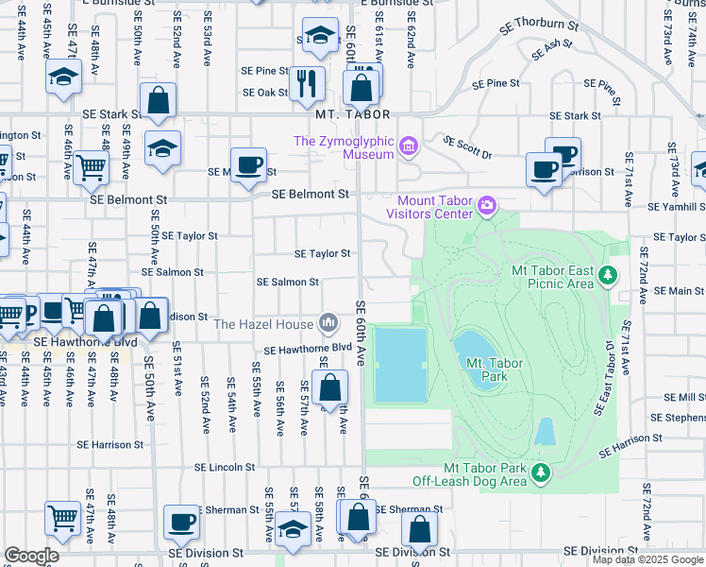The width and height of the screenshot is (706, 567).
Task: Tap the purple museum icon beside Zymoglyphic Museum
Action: point(408,146)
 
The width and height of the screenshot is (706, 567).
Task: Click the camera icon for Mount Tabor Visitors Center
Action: point(487,204)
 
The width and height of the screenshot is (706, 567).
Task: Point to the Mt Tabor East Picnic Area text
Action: point(552,276)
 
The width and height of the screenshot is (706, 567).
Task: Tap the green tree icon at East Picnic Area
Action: point(609,275)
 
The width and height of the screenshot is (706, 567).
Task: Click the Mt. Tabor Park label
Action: point(487,369)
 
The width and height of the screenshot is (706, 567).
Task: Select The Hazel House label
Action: point(263,324)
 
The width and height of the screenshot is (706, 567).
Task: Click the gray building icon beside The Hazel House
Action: point(328,324)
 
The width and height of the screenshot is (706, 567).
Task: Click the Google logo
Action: point(31,555)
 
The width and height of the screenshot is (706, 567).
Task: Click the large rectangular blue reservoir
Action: point(401,365)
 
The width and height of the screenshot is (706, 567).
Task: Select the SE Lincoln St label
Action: point(224,467)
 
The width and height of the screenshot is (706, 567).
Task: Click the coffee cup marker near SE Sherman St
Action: point(181,521)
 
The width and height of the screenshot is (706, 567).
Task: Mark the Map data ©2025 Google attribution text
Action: point(647,559)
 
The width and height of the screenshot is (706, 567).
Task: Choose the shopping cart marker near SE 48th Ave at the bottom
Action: point(62,516)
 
